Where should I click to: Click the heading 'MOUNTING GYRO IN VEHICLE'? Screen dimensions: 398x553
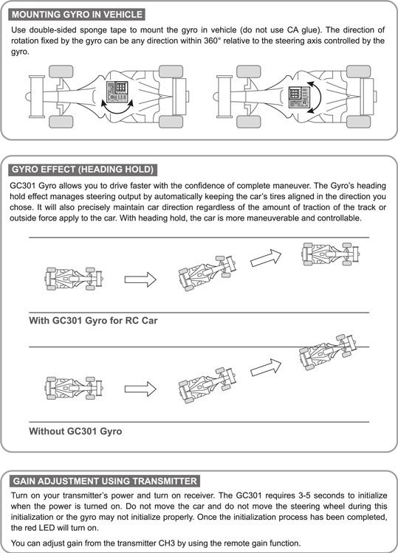77,15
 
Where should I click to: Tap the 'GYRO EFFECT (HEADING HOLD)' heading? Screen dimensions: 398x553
83,170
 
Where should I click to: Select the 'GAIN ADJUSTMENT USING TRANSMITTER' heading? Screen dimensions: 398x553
105,481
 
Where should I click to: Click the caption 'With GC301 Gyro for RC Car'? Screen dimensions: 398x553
93,321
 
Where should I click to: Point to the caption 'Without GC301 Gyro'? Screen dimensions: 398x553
75,431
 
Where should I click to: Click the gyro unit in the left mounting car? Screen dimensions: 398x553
117,91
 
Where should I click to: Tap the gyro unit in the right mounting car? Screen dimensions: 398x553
299,97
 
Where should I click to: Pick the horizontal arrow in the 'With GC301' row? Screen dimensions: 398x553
140,279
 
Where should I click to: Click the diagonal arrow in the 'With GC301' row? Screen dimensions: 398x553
266,258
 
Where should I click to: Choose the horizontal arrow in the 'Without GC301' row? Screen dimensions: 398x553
140,389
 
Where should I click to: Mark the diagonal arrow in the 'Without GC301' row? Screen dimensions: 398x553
266,367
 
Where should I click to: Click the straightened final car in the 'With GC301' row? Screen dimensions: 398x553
331,254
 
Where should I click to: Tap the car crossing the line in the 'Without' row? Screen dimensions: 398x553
328,352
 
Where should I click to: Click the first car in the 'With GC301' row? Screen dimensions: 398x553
74,279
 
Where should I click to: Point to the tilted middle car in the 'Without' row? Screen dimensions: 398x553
207,385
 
